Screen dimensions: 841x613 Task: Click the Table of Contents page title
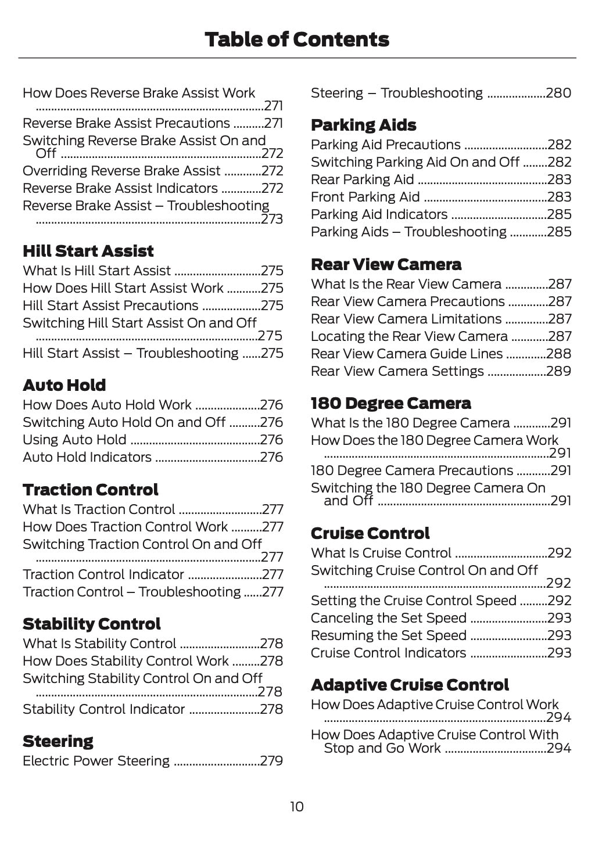pos(297,39)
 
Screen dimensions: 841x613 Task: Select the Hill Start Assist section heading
pos(88,251)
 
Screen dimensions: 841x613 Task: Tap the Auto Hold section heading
pos(64,386)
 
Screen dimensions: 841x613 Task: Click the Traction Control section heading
pos(91,490)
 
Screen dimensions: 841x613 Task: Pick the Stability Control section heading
pos(92,624)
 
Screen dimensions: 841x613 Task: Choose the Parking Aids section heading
pos(364,125)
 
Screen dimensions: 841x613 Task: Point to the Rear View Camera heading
pos(386,265)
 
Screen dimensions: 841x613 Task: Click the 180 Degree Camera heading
pos(391,404)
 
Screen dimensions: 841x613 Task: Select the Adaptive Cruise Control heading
pos(410,685)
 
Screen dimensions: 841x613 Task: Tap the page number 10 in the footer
pos(296,807)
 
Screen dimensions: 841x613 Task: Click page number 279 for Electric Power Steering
pos(272,761)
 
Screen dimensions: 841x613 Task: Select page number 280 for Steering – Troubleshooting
pos(559,94)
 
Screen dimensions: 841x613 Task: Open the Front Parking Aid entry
pos(365,197)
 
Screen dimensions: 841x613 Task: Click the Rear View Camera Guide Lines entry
pos(407,354)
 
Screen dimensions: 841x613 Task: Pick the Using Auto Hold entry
pos(74,440)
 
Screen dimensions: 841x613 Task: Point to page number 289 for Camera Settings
pos(559,372)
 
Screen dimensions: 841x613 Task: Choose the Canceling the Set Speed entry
pos(389,619)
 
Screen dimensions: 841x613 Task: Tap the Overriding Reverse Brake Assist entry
pos(121,171)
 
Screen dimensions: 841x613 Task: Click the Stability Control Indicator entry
pos(104,710)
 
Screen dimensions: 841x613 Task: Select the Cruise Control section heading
pos(371,534)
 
